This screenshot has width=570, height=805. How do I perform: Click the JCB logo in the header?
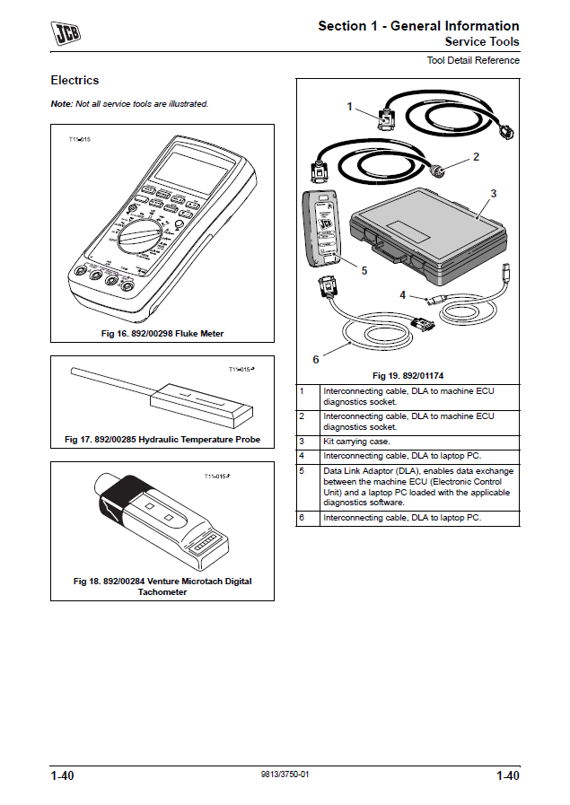65,35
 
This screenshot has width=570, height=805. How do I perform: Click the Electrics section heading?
75,81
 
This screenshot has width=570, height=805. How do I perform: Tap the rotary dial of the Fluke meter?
142,239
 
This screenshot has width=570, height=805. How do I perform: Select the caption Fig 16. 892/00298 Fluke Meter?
162,334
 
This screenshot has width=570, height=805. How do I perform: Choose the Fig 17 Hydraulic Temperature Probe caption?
162,440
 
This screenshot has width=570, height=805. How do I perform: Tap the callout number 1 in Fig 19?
350,107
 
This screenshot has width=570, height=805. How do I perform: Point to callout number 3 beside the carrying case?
493,193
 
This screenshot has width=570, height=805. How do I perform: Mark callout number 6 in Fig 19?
315,359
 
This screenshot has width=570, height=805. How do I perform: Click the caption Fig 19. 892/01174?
408,375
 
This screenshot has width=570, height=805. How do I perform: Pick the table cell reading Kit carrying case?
355,442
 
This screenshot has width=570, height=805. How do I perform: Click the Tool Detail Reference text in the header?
472,60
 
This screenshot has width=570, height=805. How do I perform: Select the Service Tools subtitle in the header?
481,42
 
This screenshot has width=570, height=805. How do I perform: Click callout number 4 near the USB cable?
403,293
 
